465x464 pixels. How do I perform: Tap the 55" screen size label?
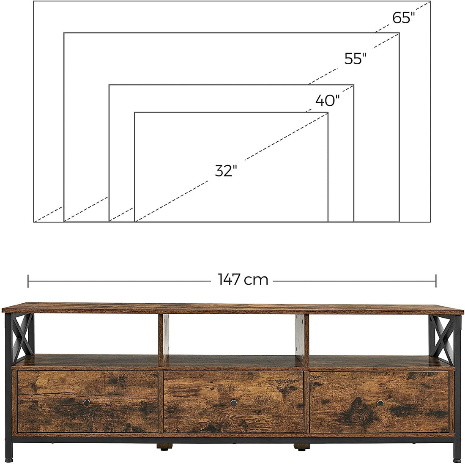(354, 59)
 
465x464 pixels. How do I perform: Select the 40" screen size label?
(327, 101)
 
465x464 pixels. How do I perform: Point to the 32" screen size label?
(226, 171)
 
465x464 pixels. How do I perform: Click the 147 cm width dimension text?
(243, 280)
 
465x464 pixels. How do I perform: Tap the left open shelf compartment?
(89, 336)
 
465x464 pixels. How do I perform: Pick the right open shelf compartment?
(368, 336)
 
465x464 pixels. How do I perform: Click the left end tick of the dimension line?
(28, 280)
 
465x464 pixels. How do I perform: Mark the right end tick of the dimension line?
(436, 280)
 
